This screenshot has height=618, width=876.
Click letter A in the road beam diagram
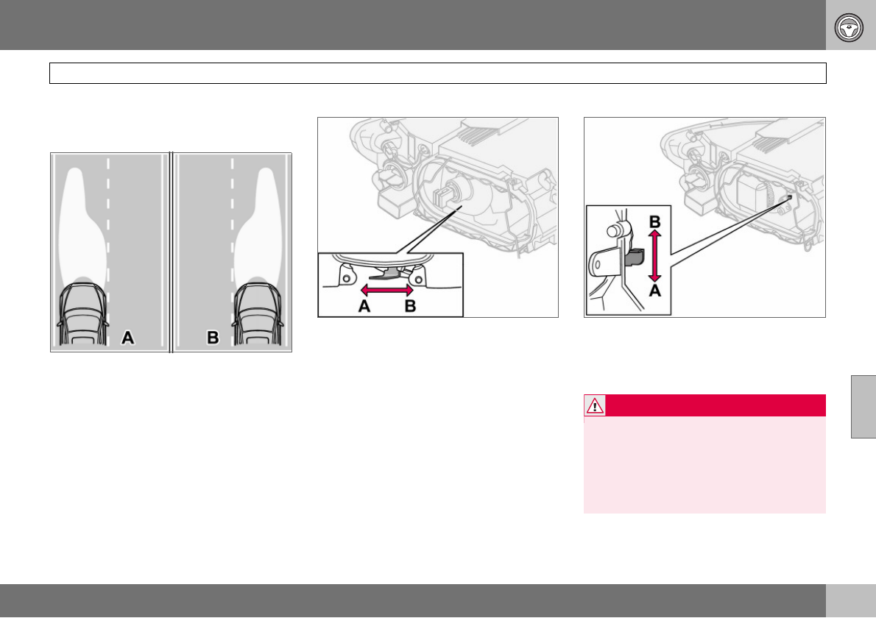click(x=128, y=338)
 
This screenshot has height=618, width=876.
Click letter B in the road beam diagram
click(x=213, y=338)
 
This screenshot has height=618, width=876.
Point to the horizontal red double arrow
click(x=386, y=290)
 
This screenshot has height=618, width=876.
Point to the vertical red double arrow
click(x=654, y=256)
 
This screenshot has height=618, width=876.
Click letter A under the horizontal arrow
click(x=364, y=306)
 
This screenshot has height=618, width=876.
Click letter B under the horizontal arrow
click(x=410, y=306)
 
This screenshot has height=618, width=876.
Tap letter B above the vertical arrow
click(x=654, y=222)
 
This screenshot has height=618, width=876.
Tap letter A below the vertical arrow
click(x=654, y=291)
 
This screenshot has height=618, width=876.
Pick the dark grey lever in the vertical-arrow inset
click(x=635, y=258)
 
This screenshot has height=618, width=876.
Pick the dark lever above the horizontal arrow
click(x=386, y=274)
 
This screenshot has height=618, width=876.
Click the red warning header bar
click(x=704, y=405)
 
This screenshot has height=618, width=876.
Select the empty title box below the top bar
click(x=437, y=73)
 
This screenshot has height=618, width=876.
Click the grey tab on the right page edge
click(x=863, y=406)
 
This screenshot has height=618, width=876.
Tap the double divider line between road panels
click(x=171, y=252)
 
